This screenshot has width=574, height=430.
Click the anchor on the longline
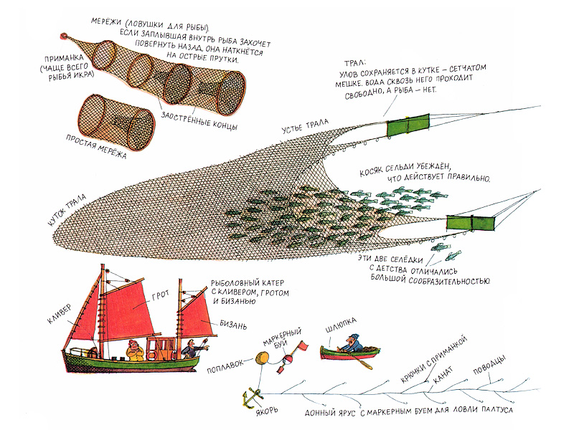251,395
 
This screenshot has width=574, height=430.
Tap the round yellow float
262,357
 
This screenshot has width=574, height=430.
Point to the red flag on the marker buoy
303,348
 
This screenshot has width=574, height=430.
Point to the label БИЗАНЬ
232,325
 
